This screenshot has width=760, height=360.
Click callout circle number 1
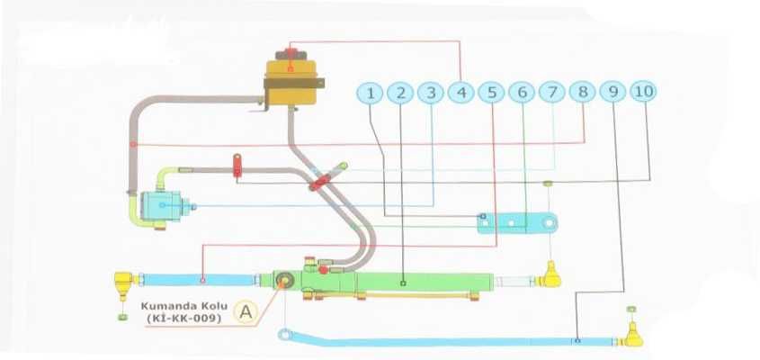pyautogui.click(x=371, y=92)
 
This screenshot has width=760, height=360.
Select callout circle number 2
pyautogui.click(x=401, y=92)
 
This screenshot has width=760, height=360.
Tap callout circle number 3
pyautogui.click(x=432, y=92)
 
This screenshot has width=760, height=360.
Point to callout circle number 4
pyautogui.click(x=461, y=92)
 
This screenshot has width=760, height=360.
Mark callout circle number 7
pyautogui.click(x=552, y=92)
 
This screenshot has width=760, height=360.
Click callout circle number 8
pyautogui.click(x=583, y=92)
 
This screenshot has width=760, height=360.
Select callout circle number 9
pyautogui.click(x=613, y=92)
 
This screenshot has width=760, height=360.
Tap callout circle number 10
pyautogui.click(x=643, y=91)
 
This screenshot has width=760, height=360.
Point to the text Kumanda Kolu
pyautogui.click(x=179, y=304)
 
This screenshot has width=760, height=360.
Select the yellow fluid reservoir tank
pyautogui.click(x=291, y=79)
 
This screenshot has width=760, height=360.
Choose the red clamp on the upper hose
pyautogui.click(x=238, y=165)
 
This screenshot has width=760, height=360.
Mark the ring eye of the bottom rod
pyautogui.click(x=285, y=336)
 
